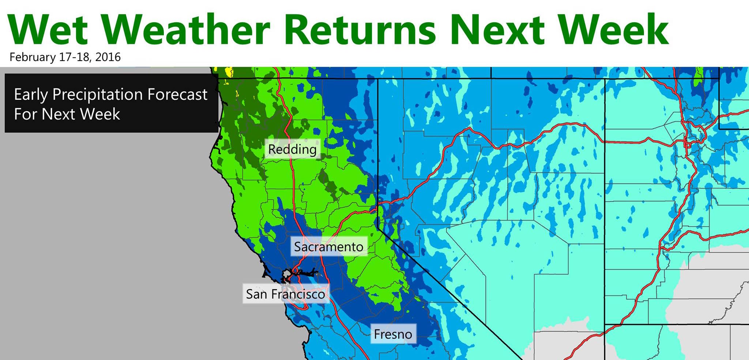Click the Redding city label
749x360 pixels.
click(292, 149)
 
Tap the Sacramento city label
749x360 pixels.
click(329, 247)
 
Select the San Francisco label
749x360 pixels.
click(286, 294)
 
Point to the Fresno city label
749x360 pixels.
click(393, 334)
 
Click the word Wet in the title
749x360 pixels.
click(48, 29)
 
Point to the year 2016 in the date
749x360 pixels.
click(108, 57)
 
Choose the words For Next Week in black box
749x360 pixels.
click(67, 114)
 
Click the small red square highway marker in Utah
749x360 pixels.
click(687, 145)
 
